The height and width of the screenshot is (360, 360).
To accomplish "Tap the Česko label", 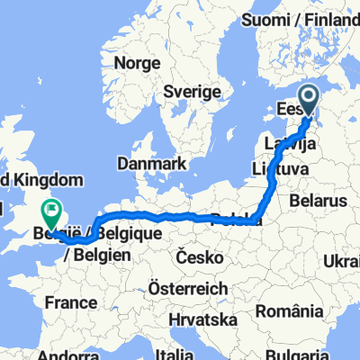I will (x=201, y=257).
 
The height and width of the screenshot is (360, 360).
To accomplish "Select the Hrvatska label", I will (x=208, y=320).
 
